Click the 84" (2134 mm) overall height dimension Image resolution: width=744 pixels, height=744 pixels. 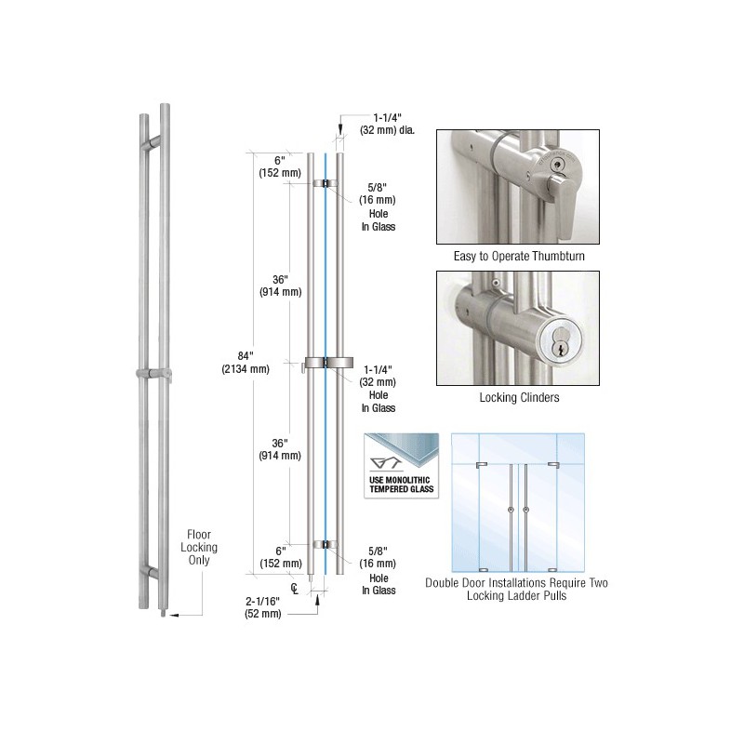click(x=246, y=363)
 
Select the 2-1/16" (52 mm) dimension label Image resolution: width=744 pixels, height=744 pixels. click(x=263, y=607)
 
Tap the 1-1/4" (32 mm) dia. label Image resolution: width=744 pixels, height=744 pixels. click(x=387, y=124)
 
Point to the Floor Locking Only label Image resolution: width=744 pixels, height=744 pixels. click(x=199, y=547)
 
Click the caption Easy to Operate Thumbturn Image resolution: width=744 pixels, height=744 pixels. click(x=519, y=257)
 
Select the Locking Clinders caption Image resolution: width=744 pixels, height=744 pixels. click(x=519, y=398)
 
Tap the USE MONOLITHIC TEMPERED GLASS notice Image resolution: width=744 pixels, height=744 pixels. click(x=402, y=485)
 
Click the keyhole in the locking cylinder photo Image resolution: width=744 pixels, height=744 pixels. click(x=560, y=350)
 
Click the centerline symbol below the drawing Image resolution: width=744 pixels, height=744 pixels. click(x=295, y=589)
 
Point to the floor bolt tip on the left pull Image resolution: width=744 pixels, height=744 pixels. click(x=165, y=613)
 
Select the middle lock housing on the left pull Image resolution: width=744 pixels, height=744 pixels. click(x=153, y=374)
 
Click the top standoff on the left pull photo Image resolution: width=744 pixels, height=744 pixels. click(x=154, y=141)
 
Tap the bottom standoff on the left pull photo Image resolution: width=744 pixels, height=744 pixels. click(x=152, y=573)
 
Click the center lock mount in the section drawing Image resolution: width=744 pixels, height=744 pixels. click(x=328, y=363)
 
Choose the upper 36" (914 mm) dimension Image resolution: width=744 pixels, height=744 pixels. click(x=281, y=286)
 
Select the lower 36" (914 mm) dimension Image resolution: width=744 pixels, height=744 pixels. click(x=280, y=449)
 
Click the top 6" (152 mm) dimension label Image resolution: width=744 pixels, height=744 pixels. click(x=280, y=166)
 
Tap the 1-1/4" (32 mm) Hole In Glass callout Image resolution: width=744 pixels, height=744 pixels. click(x=379, y=389)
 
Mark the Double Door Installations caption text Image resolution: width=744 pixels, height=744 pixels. click(x=517, y=589)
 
